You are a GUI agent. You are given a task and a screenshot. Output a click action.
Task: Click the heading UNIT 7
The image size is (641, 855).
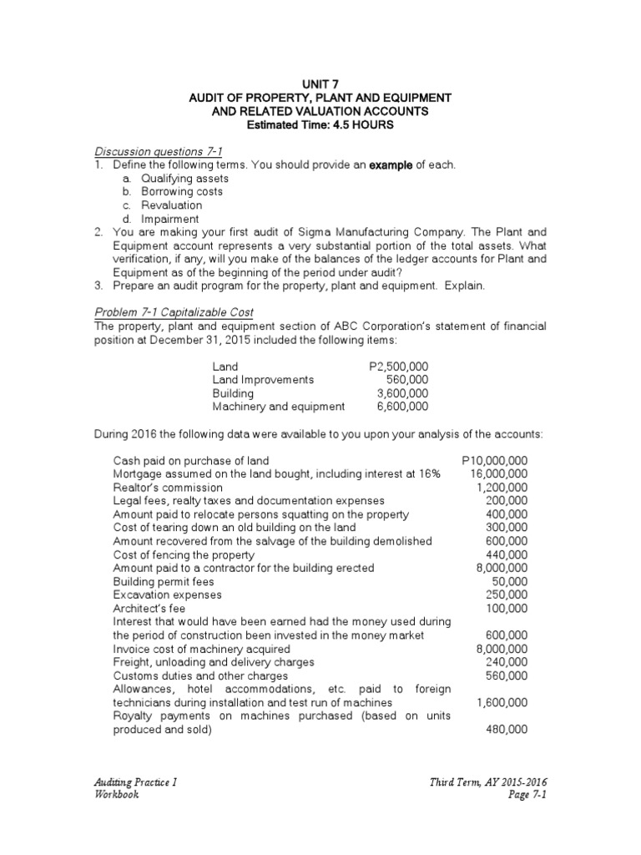pos(320,83)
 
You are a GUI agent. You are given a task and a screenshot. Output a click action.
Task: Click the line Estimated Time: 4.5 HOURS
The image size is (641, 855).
pos(320,124)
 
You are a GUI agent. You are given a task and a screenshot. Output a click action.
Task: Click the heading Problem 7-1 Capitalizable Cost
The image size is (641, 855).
pos(171,311)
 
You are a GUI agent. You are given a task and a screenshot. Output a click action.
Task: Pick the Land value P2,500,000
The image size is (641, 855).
pos(398,366)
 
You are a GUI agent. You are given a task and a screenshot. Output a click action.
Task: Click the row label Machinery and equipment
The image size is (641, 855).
pos(278,406)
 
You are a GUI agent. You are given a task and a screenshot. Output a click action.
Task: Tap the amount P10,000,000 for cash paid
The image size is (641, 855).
pos(493,460)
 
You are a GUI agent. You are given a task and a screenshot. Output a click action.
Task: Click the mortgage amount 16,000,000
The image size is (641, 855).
pos(498,473)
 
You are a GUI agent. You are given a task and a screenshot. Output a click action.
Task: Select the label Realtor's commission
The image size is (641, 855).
pos(168,487)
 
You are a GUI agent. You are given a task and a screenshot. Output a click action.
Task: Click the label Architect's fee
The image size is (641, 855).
pos(149,608)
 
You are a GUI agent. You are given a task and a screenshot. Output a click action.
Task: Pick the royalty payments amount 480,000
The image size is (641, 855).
pos(507,729)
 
